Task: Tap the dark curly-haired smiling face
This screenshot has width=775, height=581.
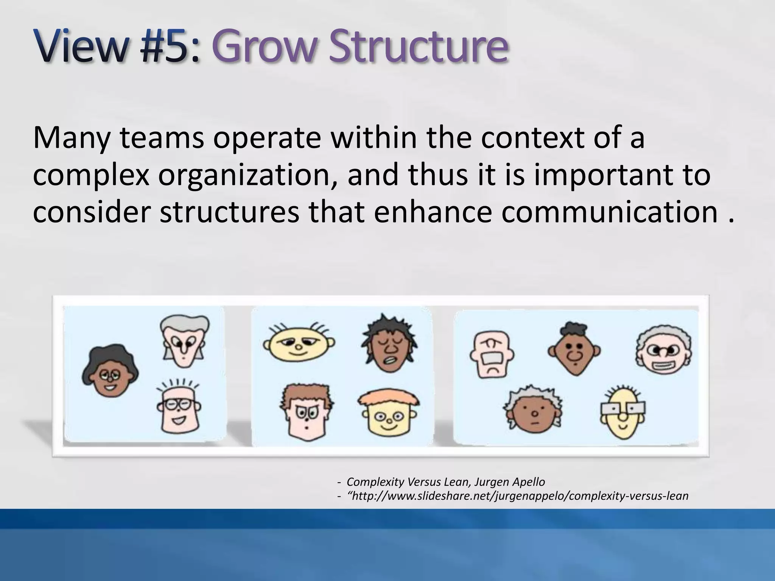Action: pos(110,371)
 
